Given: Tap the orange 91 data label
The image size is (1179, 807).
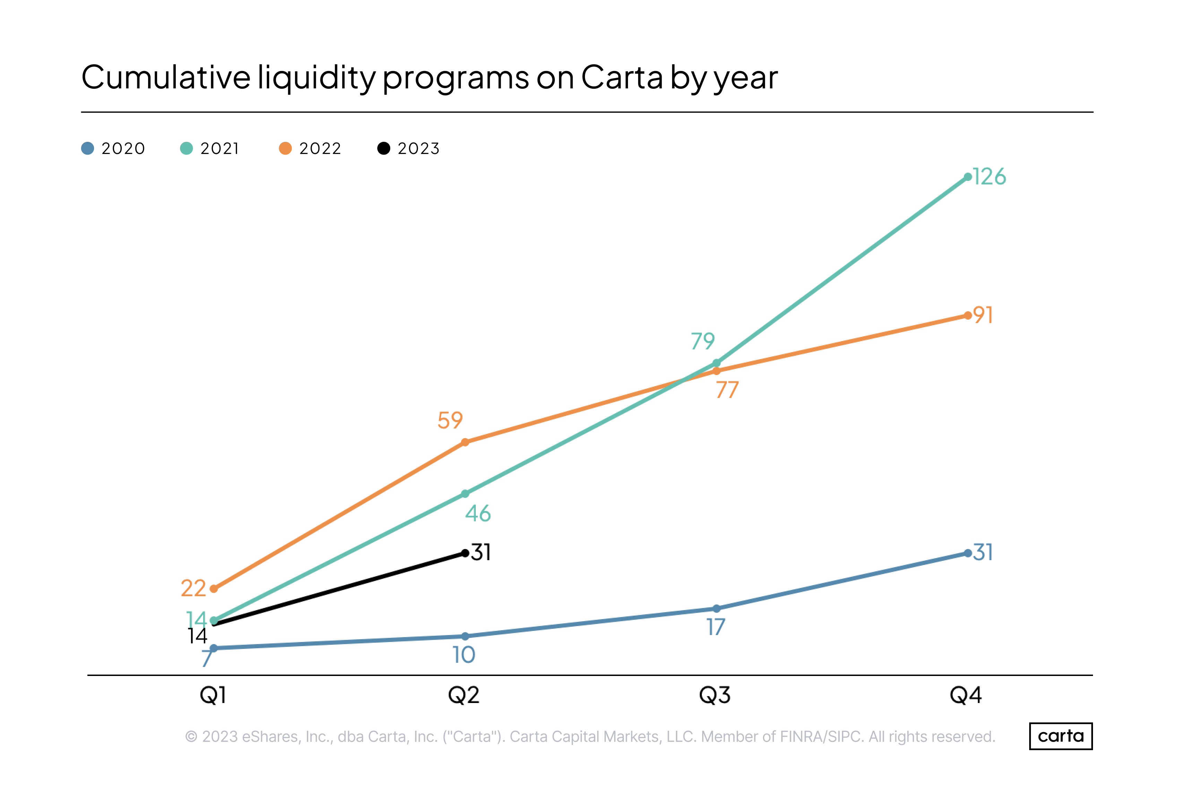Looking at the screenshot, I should pos(983,315).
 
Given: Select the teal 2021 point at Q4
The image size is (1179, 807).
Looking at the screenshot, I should pos(967,177).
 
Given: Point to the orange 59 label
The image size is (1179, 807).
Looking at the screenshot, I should pos(450,420).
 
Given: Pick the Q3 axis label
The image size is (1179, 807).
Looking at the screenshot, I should pos(714,695).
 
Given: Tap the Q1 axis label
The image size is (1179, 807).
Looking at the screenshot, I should pos(213,695).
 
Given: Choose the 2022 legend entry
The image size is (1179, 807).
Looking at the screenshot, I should pos(310,149).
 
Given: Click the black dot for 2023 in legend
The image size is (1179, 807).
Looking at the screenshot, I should pos(384,149).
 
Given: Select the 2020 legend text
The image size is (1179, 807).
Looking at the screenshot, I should pos(123,149).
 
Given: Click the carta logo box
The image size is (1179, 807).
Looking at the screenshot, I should pos(1060,736).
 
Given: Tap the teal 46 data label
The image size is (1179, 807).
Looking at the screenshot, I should pos(478,514).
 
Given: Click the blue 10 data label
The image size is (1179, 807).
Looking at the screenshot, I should pos(464,655).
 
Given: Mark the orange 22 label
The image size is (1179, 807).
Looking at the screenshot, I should pos(193,588).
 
